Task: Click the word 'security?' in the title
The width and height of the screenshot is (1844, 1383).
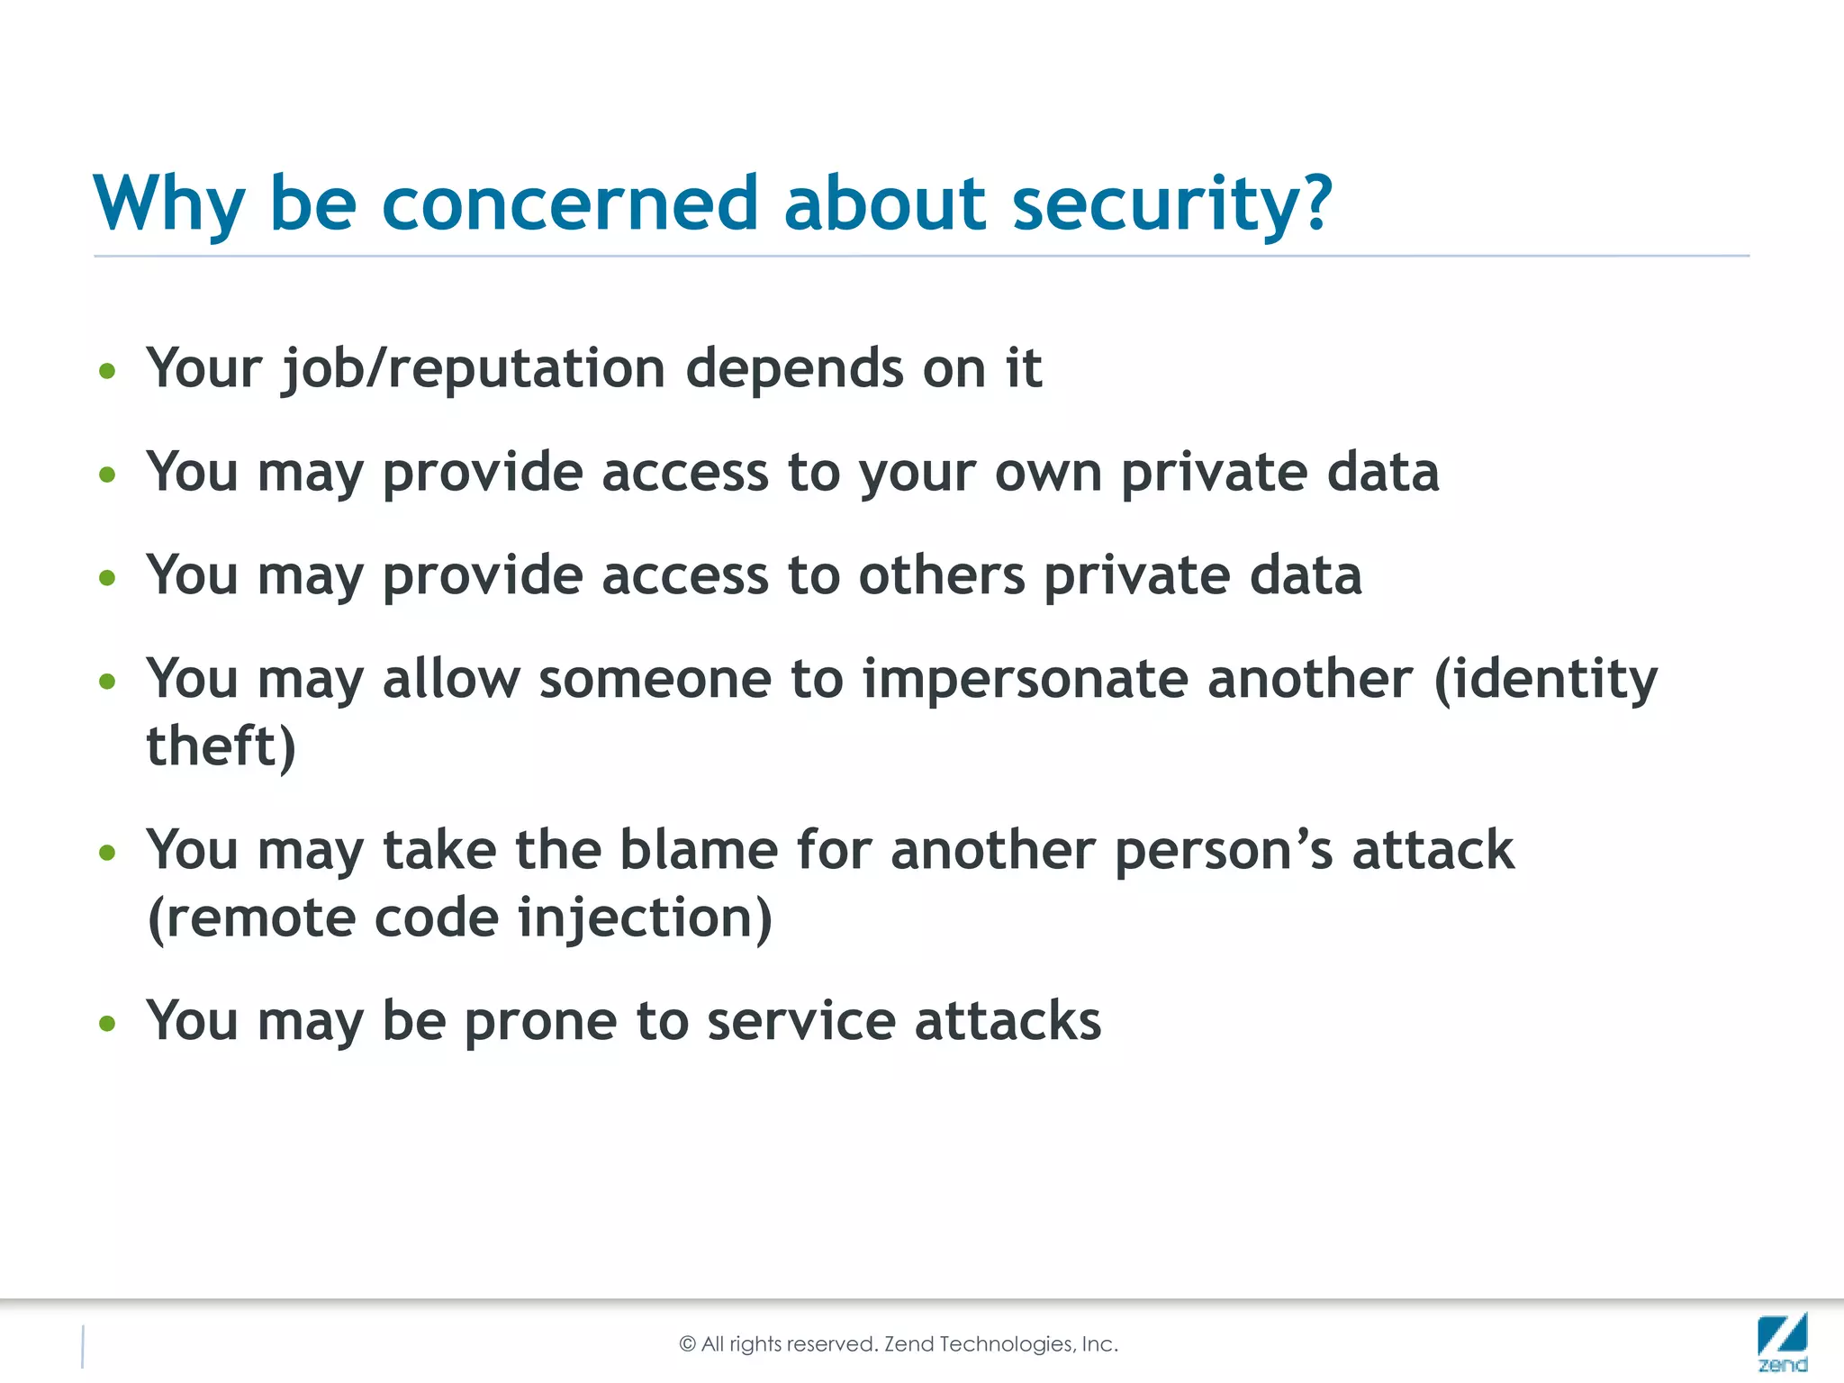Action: (x=1171, y=205)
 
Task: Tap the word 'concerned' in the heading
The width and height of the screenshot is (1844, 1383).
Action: (x=570, y=203)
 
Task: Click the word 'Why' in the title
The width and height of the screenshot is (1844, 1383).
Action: (x=169, y=205)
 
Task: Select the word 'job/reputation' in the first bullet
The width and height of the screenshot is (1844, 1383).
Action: (x=473, y=369)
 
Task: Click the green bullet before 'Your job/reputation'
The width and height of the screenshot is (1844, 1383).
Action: (x=108, y=371)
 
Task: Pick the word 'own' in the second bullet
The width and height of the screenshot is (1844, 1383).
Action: (x=1048, y=474)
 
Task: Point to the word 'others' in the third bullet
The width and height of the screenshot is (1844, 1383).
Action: (x=941, y=576)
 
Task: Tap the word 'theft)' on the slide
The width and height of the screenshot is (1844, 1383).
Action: (x=221, y=747)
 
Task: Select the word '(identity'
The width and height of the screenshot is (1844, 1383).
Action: (x=1544, y=680)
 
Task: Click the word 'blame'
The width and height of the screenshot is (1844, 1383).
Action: (x=698, y=851)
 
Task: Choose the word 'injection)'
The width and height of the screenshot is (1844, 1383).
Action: (x=645, y=919)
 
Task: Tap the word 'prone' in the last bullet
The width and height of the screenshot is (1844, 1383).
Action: (x=540, y=1022)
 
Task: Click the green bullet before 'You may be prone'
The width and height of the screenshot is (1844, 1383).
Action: (x=108, y=1024)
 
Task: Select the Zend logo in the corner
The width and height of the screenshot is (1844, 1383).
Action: (x=1782, y=1342)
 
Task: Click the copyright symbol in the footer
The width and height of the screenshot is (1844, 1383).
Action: (x=687, y=1344)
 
